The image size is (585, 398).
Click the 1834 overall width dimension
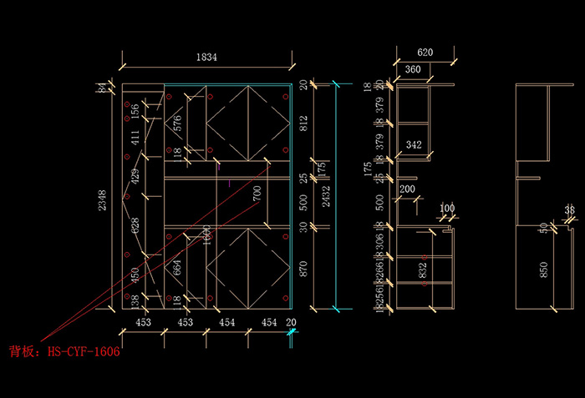pyautogui.click(x=206, y=57)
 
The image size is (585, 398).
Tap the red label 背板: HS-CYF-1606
pyautogui.click(x=64, y=352)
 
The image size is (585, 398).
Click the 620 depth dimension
pyautogui.click(x=425, y=53)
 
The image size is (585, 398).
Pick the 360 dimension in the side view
pyautogui.click(x=413, y=69)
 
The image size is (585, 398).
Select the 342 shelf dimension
pyautogui.click(x=413, y=145)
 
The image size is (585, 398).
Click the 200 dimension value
pyautogui.click(x=407, y=189)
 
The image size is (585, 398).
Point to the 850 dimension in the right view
pyautogui.click(x=544, y=269)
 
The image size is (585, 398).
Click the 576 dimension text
pyautogui.click(x=177, y=124)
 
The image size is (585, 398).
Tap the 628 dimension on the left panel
pyautogui.click(x=135, y=225)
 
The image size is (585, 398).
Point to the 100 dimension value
pyautogui.click(x=447, y=208)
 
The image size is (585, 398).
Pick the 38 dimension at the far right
pyautogui.click(x=569, y=210)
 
